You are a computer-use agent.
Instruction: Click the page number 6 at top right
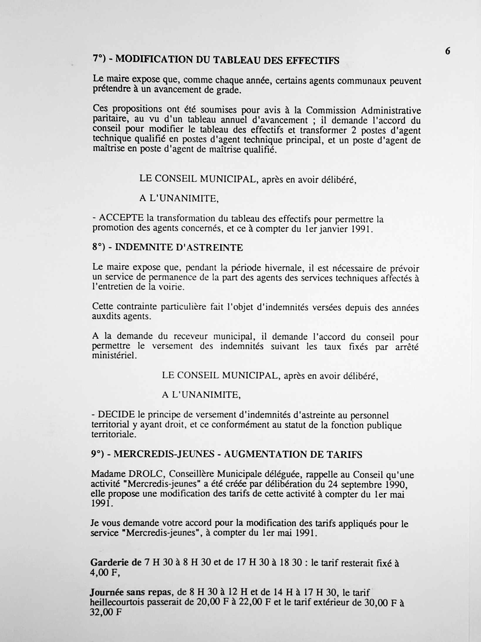click(448, 51)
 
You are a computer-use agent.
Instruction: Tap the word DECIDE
click(117, 414)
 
